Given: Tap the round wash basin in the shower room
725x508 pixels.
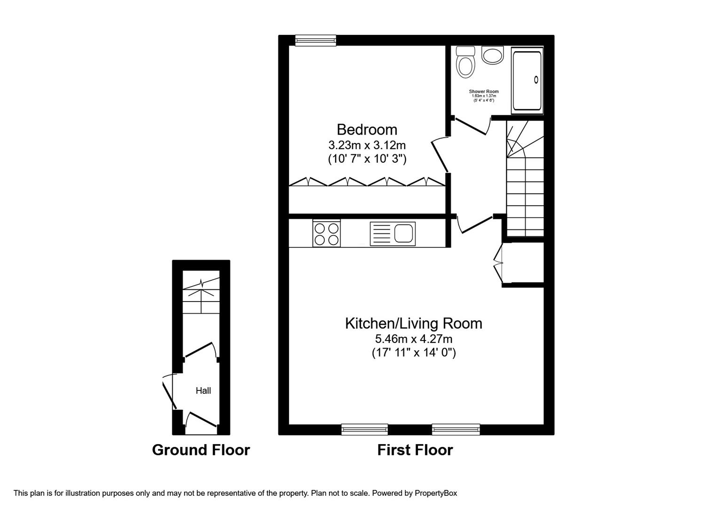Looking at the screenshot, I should click(492, 56).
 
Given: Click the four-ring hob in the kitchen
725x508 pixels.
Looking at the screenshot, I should click(326, 234).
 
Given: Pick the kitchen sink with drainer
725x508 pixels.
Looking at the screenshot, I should click(393, 234).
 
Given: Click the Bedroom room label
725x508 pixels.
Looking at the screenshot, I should click(367, 129).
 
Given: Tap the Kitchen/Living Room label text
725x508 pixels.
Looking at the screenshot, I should click(413, 324).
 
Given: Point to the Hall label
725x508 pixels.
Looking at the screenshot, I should click(203, 390).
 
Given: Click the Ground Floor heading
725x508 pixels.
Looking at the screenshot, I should click(201, 450).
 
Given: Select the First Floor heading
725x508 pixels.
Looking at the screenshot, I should click(415, 450).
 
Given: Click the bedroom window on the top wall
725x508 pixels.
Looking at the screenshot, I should click(315, 41).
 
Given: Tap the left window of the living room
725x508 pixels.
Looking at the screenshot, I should click(364, 429).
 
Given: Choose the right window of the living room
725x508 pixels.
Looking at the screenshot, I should click(456, 429).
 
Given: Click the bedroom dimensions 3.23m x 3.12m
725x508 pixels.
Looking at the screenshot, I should click(367, 145).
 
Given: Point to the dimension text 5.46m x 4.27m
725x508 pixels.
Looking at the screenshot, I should click(413, 339).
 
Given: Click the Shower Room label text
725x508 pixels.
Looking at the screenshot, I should click(483, 91).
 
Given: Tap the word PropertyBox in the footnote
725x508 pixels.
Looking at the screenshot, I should click(436, 493).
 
